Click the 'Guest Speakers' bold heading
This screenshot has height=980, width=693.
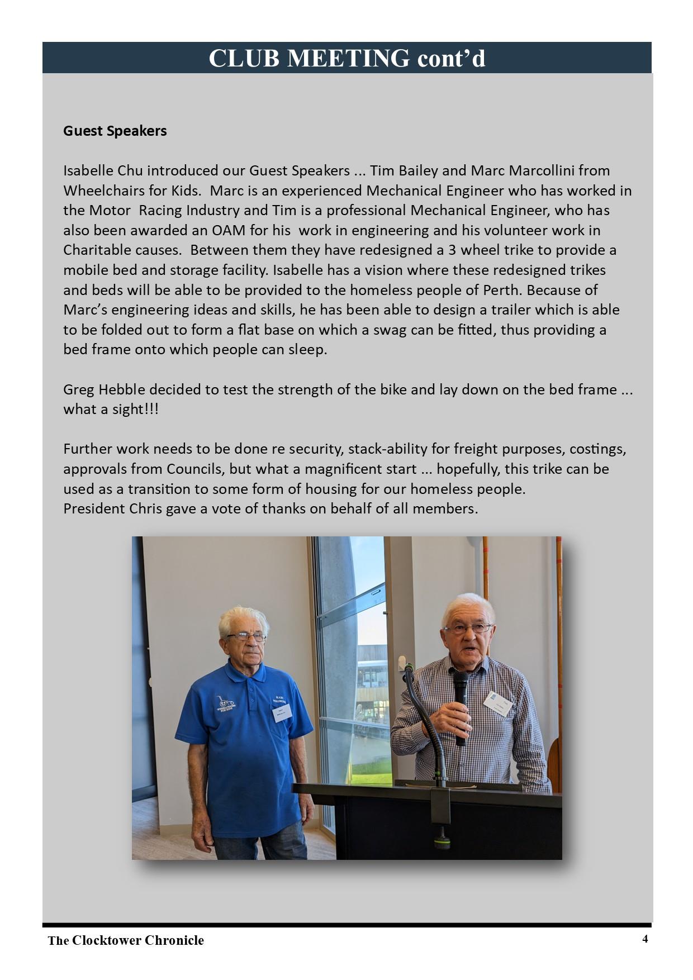tap(115, 131)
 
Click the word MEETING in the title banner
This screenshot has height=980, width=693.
tap(348, 58)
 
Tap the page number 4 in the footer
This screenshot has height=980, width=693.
tap(645, 939)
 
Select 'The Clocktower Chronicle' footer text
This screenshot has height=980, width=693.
tap(126, 940)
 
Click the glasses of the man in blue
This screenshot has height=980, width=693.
tap(245, 636)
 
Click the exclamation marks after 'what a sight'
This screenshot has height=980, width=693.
tap(151, 410)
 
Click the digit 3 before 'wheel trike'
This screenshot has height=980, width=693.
tap(452, 250)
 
